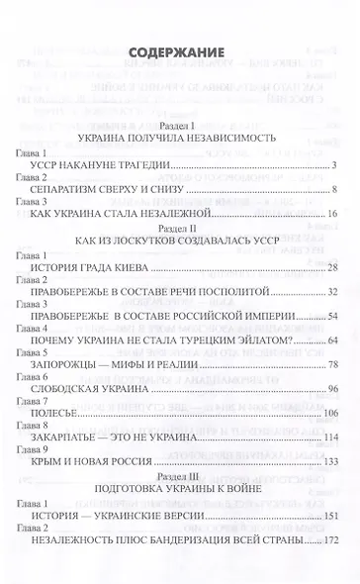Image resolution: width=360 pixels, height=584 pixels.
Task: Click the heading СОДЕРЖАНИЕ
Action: pyautogui.click(x=179, y=53)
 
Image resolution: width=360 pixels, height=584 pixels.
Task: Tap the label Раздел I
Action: pyautogui.click(x=179, y=125)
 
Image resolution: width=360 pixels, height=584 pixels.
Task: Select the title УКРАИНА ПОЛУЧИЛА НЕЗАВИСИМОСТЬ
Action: pyautogui.click(x=179, y=139)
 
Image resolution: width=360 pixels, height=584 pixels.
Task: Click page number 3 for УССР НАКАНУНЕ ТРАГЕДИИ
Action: pyautogui.click(x=336, y=164)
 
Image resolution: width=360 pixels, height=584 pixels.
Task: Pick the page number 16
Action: pyautogui.click(x=333, y=214)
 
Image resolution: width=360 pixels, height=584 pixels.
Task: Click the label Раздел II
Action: pyautogui.click(x=179, y=227)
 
